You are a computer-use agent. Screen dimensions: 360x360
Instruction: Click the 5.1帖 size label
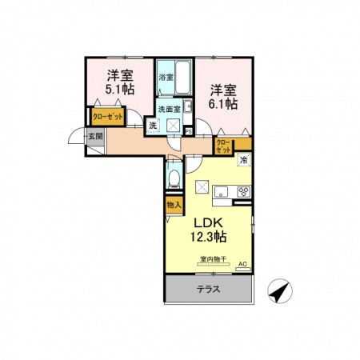coord(119,90)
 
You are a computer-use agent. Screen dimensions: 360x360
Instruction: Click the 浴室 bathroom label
coord(166,78)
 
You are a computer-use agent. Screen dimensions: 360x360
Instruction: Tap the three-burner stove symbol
coord(243,191)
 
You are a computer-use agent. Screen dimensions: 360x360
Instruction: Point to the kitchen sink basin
coord(223,191)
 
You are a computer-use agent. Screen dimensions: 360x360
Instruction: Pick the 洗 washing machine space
coord(152,126)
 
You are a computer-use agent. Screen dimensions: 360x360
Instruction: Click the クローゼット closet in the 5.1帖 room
coord(106,117)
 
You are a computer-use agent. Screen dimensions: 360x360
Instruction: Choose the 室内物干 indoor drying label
coord(212,259)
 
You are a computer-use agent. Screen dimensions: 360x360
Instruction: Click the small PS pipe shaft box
coord(189,130)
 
